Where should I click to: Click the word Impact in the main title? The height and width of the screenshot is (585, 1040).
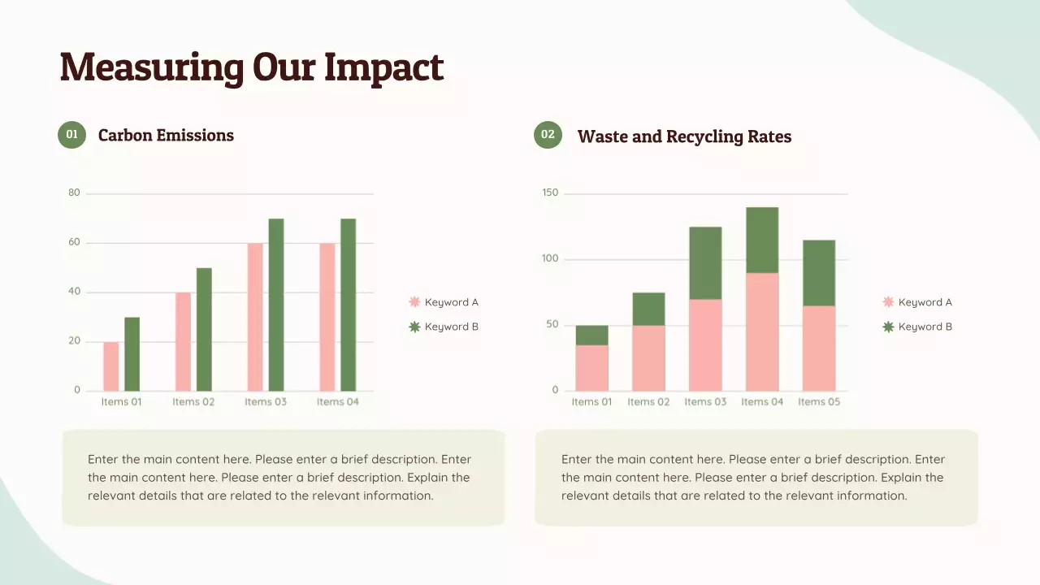[383, 67]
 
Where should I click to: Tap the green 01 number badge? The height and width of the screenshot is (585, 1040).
[71, 135]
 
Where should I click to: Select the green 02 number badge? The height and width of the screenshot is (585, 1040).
[548, 135]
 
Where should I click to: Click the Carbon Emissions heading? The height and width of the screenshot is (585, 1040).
[166, 136]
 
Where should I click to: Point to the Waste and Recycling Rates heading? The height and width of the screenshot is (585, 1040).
[684, 136]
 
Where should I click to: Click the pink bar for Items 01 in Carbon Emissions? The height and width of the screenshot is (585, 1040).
[110, 366]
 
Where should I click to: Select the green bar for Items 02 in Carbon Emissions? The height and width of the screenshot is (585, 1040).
[204, 329]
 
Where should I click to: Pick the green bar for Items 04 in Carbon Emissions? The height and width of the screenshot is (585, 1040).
[348, 305]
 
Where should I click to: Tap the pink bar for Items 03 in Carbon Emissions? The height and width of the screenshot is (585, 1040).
[255, 317]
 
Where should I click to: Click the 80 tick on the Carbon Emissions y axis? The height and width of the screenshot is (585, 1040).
[75, 193]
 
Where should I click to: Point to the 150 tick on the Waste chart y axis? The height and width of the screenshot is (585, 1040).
[550, 193]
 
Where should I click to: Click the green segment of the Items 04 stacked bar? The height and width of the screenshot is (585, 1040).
[762, 240]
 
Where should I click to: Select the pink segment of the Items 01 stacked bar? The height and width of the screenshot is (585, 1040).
[591, 368]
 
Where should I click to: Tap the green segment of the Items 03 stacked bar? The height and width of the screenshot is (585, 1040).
[705, 263]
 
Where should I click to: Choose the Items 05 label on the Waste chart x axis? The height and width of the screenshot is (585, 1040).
[819, 402]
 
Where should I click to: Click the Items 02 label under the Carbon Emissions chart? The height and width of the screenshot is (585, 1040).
[193, 402]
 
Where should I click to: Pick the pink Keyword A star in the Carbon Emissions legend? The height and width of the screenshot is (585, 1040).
[414, 302]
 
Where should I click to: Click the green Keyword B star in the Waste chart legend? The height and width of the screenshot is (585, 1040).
[888, 327]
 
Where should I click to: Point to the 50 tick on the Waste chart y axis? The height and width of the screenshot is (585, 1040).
[552, 325]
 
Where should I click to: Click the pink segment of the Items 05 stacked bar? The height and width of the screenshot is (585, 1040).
[819, 349]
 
